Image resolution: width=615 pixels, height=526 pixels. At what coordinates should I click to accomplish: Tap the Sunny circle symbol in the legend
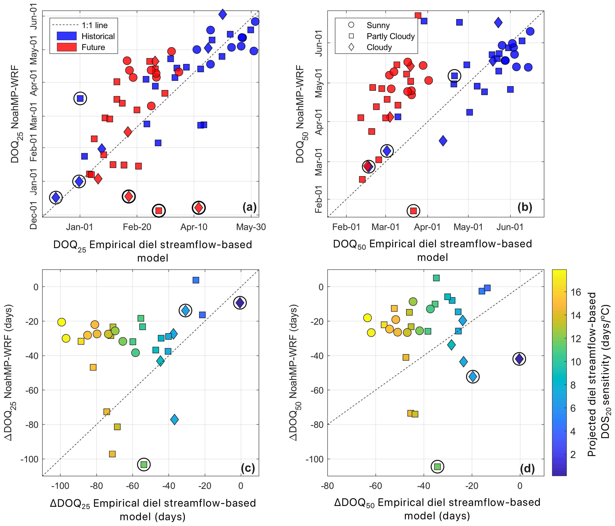pyautogui.click(x=351, y=25)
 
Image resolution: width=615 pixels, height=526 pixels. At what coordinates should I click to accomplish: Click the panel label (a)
pyautogui.click(x=249, y=207)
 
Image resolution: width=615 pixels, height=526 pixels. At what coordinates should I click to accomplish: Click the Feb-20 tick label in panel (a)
pyautogui.click(x=137, y=227)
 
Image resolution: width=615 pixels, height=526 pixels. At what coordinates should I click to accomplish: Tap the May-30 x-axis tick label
pyautogui.click(x=251, y=227)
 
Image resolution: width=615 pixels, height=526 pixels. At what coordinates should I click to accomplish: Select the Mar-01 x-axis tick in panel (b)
pyautogui.click(x=386, y=227)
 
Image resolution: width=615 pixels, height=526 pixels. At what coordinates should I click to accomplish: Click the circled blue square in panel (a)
pyautogui.click(x=80, y=98)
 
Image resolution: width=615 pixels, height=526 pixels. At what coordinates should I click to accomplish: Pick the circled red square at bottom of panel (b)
pyautogui.click(x=413, y=211)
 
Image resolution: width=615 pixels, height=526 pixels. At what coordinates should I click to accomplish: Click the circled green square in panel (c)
pyautogui.click(x=144, y=464)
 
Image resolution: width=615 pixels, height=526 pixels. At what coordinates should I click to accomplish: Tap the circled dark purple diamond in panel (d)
pyautogui.click(x=519, y=359)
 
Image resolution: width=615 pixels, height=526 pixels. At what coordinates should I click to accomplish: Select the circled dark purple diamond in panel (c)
pyautogui.click(x=240, y=303)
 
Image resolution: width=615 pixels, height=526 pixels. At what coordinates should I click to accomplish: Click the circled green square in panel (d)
pyautogui.click(x=437, y=467)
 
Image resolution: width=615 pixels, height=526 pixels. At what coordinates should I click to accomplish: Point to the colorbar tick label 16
pyautogui.click(x=576, y=292)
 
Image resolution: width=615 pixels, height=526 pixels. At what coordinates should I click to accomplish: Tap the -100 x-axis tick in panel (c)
pyautogui.click(x=60, y=486)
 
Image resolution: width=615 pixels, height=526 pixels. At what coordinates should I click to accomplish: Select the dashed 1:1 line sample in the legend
pyautogui.click(x=65, y=25)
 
